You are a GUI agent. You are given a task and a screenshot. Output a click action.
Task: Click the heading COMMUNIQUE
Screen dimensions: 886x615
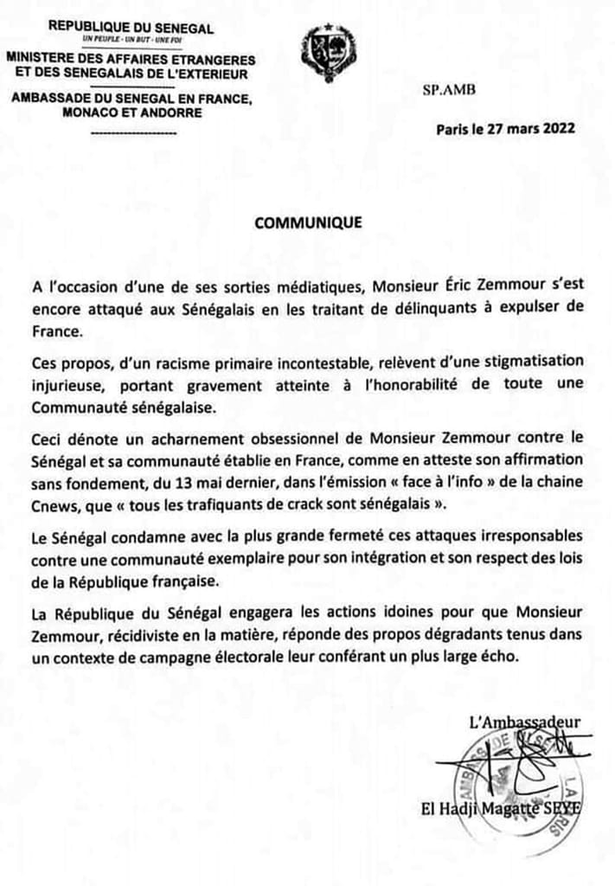point(308,222)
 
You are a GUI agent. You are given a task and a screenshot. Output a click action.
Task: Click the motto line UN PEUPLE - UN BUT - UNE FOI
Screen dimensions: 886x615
point(130,41)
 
